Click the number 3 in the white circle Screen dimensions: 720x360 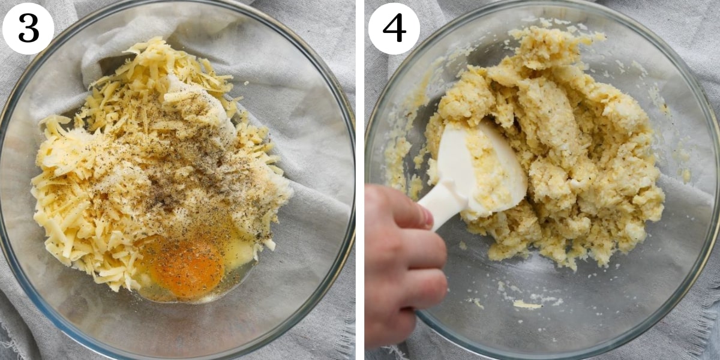coord(29,28)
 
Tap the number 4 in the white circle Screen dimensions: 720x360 coord(394,28)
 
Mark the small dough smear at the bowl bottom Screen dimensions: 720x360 coord(527,305)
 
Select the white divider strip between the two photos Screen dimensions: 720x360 coord(360,180)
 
